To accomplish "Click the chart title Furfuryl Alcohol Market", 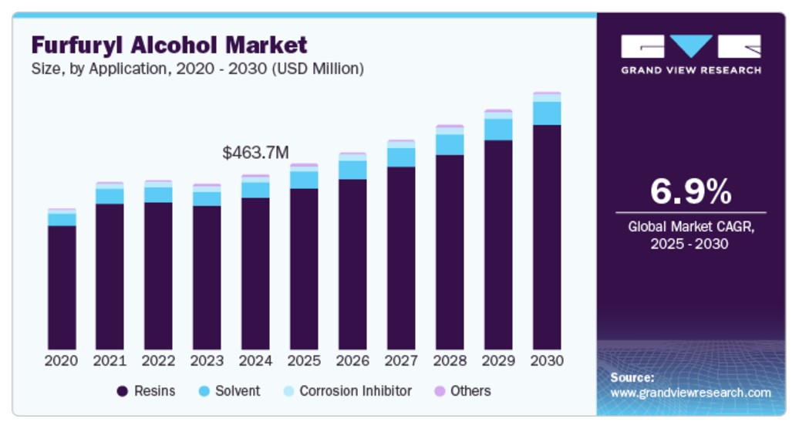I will click(169, 44).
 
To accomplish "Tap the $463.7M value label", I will click(255, 153).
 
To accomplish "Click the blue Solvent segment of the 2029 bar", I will click(498, 129).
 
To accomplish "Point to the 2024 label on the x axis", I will click(255, 361).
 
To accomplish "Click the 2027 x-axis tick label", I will click(401, 361).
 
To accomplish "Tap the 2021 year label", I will click(110, 361).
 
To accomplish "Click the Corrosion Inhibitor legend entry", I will click(355, 391).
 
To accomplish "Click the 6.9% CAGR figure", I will click(690, 191).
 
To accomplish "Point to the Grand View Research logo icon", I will click(690, 46).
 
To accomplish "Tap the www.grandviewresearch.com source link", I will click(690, 393).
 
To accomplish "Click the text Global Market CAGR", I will click(690, 227).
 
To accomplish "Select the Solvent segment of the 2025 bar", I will click(304, 179).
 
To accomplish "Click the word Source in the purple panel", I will click(632, 378).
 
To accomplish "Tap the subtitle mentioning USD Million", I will click(197, 69).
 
